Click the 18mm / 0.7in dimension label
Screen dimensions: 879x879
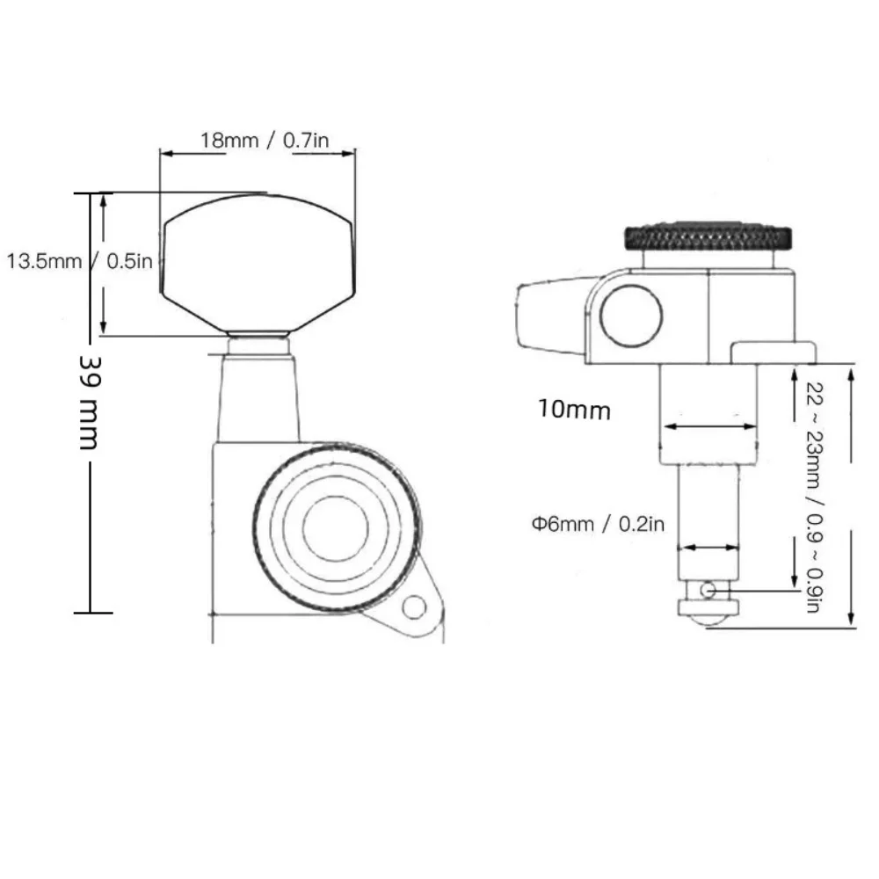coord(265,140)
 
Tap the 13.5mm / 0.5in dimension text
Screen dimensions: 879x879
coord(80,261)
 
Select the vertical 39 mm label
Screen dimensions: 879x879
coord(89,402)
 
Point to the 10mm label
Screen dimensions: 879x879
coord(574,410)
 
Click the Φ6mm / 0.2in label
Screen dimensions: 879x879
coord(598,524)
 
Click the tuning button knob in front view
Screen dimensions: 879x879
coord(258,262)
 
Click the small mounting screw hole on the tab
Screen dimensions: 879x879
coord(414,607)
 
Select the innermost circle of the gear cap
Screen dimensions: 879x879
coord(335,527)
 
